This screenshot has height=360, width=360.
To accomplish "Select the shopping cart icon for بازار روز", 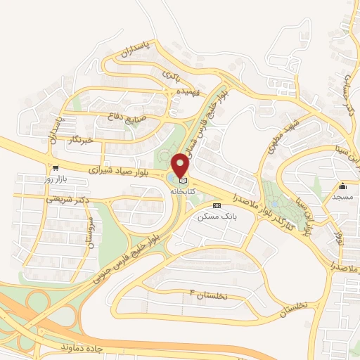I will (x=55, y=169).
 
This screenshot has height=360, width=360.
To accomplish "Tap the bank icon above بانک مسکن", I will (x=217, y=205).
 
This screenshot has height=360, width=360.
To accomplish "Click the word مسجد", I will (x=343, y=197).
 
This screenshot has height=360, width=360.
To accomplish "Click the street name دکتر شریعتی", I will (x=69, y=201).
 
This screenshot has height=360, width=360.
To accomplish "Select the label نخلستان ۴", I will (x=210, y=294).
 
